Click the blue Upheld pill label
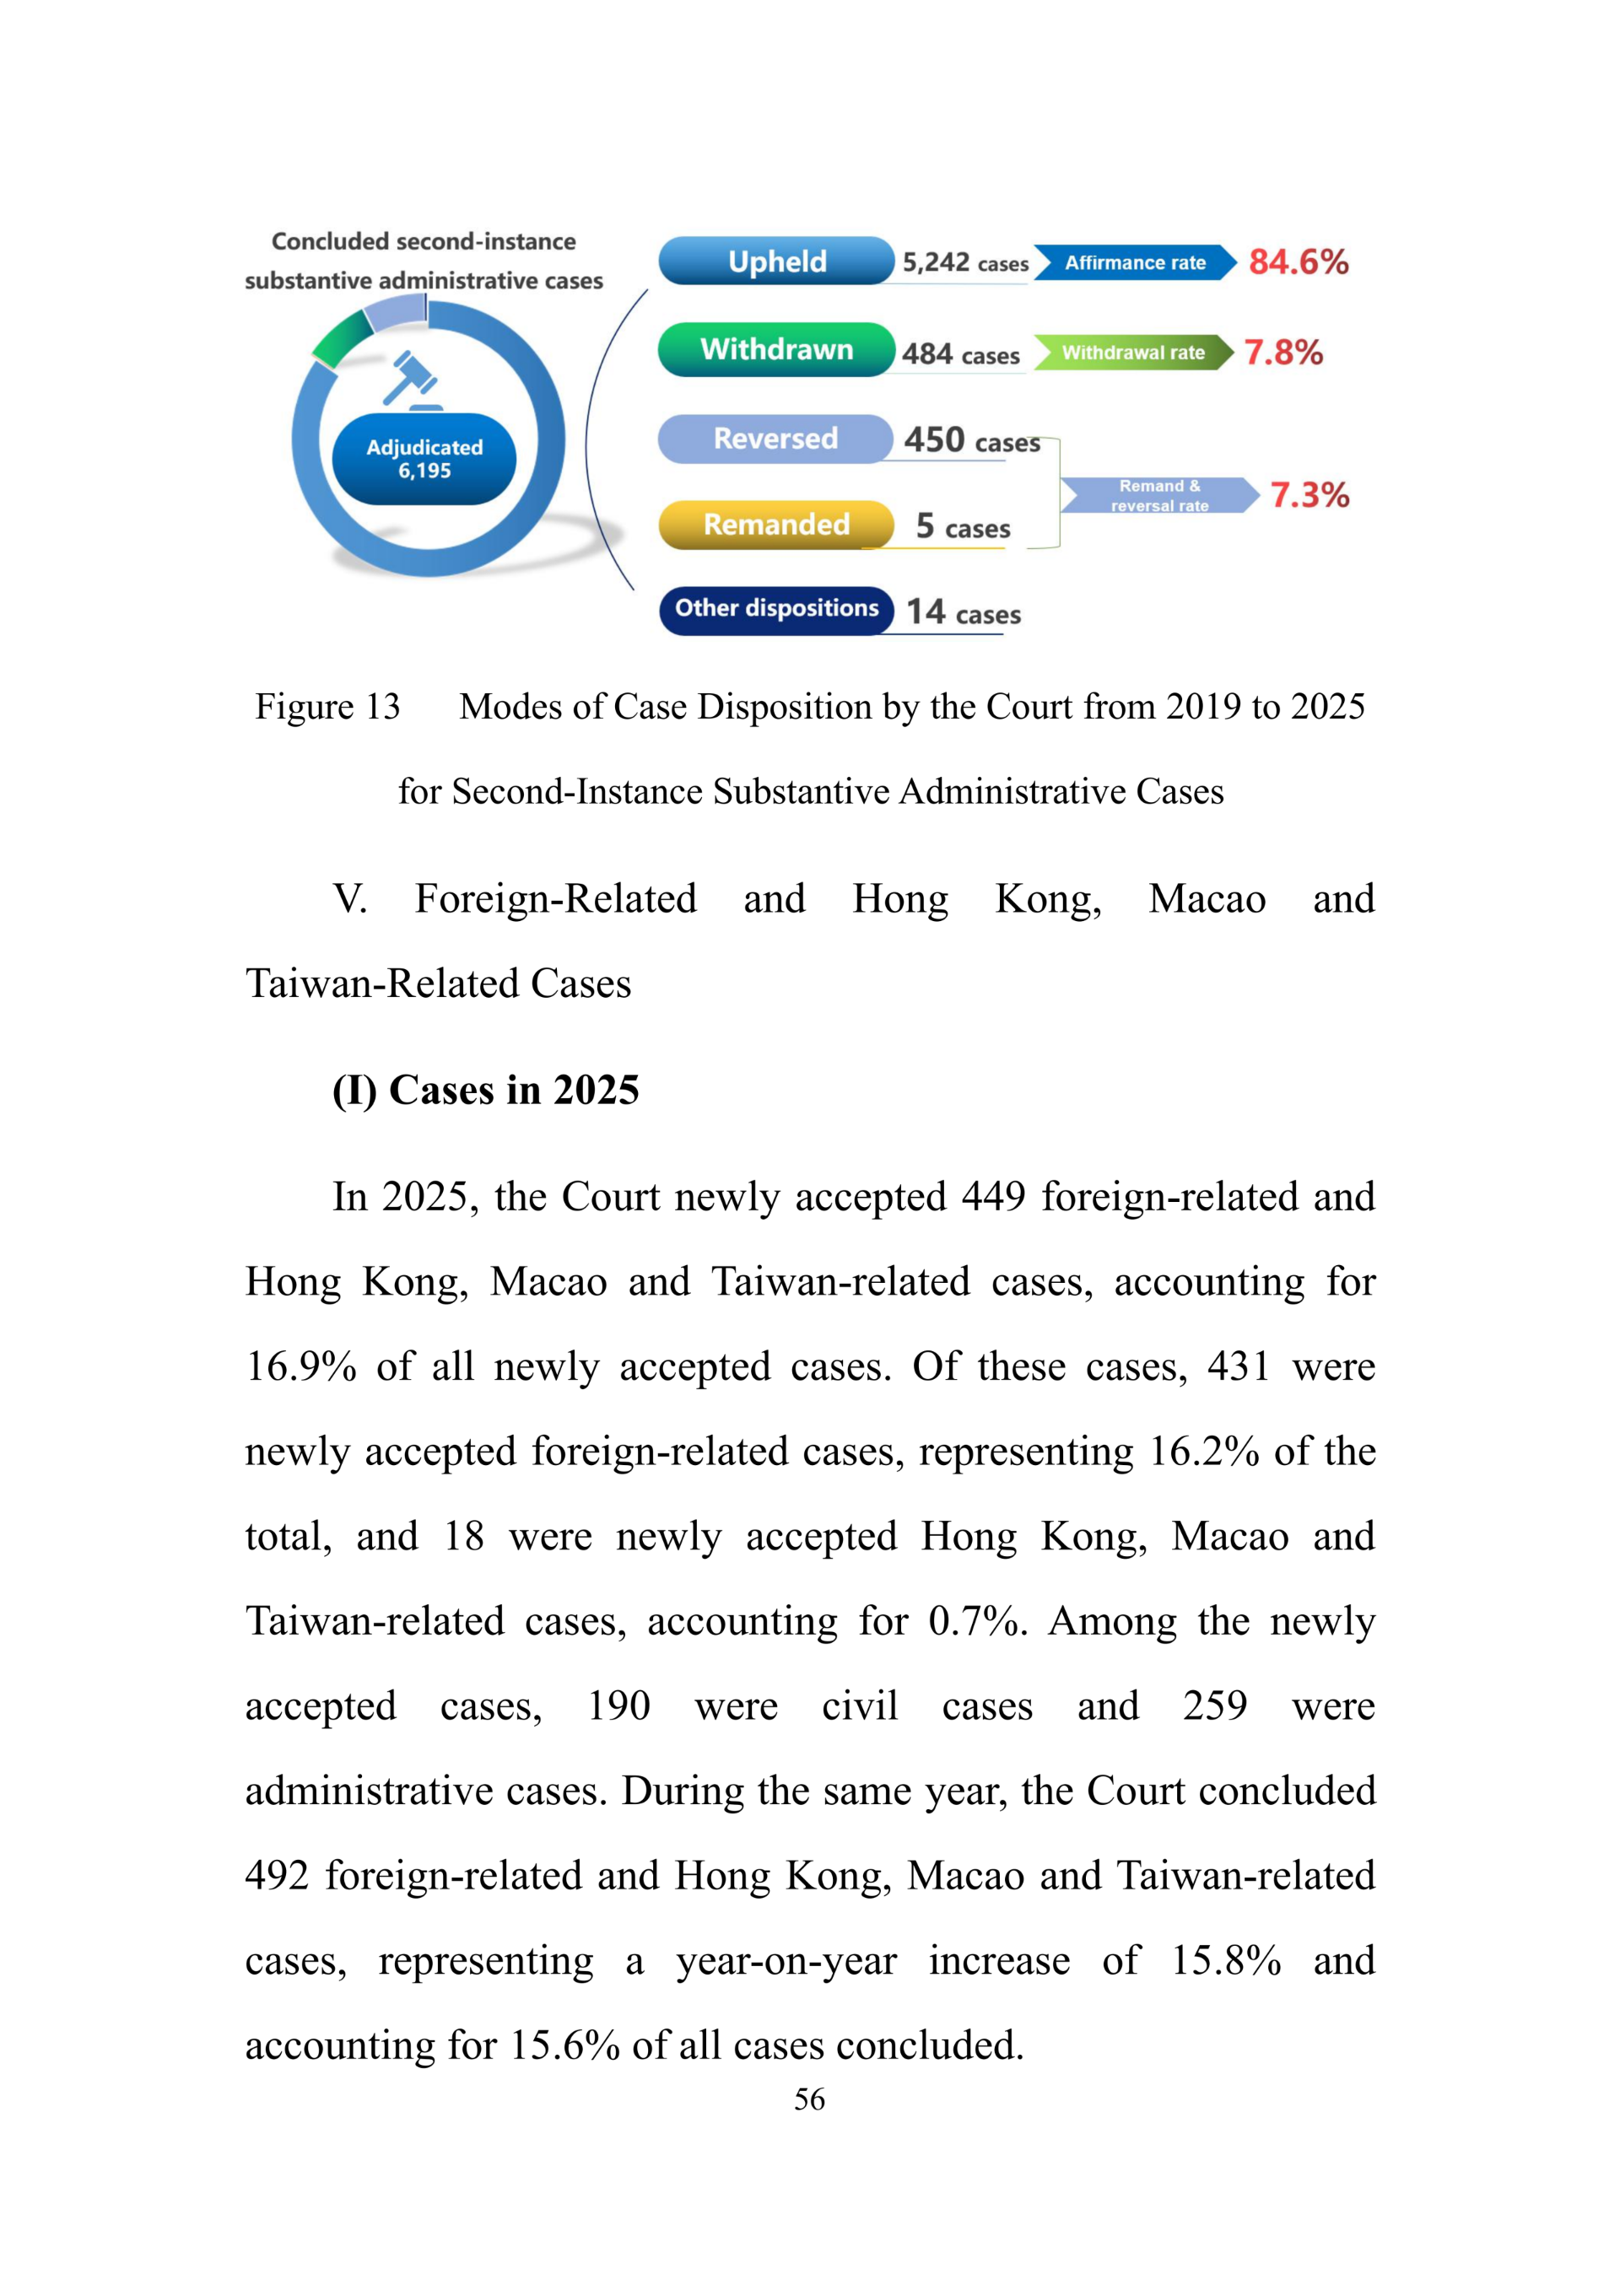[776, 261]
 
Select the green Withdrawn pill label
[776, 349]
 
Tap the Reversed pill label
[775, 439]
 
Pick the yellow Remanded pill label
[776, 525]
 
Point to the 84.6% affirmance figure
[1298, 262]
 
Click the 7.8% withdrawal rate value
[1282, 352]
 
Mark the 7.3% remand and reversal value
[1309, 495]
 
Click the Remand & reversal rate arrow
[1158, 496]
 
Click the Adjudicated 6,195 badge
[424, 459]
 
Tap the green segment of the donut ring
[340, 337]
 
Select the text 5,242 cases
[964, 263]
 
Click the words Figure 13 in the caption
[327, 706]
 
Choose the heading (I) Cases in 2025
[485, 1090]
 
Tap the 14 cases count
[963, 612]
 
